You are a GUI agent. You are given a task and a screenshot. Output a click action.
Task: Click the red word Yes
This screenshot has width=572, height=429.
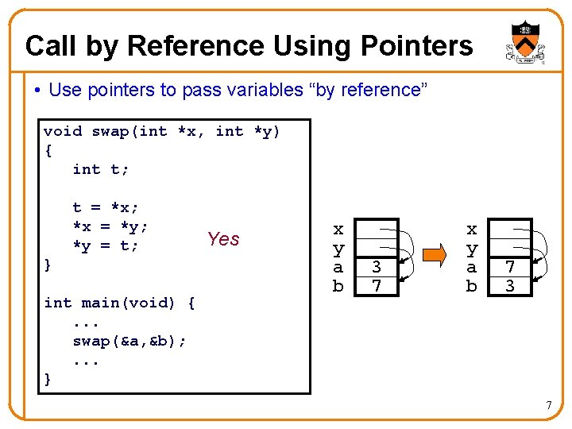point(223,239)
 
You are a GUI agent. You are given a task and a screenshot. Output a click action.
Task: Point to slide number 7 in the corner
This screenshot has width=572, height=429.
point(549,407)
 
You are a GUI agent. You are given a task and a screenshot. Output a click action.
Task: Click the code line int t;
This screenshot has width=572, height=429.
point(101,169)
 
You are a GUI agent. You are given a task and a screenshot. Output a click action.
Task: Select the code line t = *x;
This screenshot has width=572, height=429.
point(106,207)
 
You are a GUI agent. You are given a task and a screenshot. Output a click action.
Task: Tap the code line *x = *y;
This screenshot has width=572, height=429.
point(110,226)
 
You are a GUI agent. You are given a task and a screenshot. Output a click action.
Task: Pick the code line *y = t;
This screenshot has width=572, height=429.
point(106,246)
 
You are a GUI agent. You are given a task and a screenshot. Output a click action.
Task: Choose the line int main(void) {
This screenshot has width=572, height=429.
point(120,303)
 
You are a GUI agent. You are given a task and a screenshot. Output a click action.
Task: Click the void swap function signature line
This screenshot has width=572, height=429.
point(162,131)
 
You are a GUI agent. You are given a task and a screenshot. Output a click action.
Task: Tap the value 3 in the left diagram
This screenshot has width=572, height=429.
point(377,268)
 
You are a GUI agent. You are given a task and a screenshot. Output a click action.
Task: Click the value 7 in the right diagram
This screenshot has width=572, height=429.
point(511,268)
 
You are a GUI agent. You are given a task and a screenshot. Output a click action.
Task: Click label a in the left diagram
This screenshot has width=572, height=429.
point(338,268)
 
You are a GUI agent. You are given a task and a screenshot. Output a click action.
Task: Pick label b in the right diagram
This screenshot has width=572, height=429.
point(472,286)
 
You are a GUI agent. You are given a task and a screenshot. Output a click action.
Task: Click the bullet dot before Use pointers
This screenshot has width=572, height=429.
point(37,91)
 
